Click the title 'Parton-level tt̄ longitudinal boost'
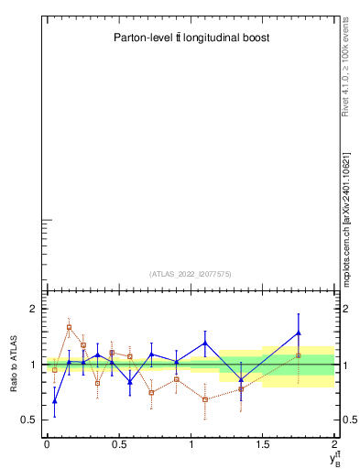tap(191, 38)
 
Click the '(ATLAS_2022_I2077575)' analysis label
tap(191, 273)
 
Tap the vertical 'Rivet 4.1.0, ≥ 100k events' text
tap(345, 64)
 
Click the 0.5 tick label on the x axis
tap(118, 443)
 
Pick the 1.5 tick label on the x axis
tap(263, 443)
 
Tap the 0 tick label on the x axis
tap(47, 443)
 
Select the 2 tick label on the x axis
tap(334, 443)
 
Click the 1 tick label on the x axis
tap(191, 443)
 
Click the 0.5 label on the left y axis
tap(28, 420)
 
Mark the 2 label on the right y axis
tap(345, 310)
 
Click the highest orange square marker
tap(69, 327)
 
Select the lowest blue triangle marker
tap(55, 400)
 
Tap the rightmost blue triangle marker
tap(299, 333)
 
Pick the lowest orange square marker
tap(205, 399)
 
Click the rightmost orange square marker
tap(299, 355)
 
